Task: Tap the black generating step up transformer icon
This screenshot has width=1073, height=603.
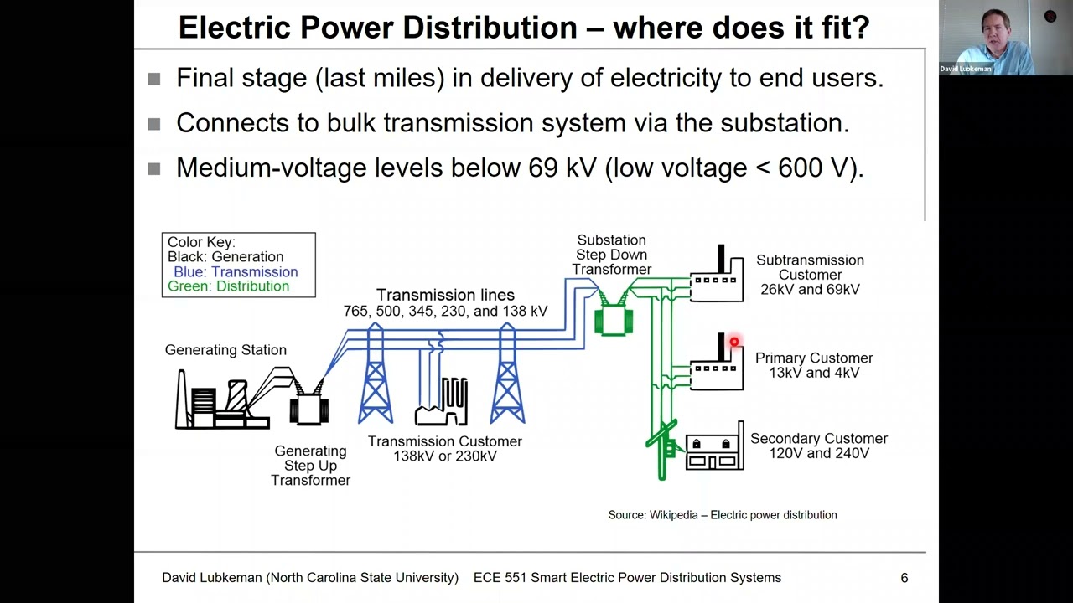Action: point(308,408)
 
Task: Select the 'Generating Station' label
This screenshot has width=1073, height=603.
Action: point(225,350)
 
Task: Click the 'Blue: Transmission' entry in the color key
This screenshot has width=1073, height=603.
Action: point(236,271)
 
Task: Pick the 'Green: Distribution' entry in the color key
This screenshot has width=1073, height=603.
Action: point(228,286)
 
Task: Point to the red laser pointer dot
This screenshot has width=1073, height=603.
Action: point(734,342)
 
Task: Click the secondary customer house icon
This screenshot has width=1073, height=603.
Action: point(713,451)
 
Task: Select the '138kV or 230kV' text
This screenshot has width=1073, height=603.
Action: point(445,456)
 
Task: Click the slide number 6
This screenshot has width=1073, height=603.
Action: point(904,578)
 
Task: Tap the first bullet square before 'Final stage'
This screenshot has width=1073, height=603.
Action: point(153,79)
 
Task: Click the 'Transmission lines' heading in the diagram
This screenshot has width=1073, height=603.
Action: point(445,295)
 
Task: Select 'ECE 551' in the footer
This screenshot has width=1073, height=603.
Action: point(498,578)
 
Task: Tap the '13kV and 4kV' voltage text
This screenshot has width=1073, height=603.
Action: point(814,373)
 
